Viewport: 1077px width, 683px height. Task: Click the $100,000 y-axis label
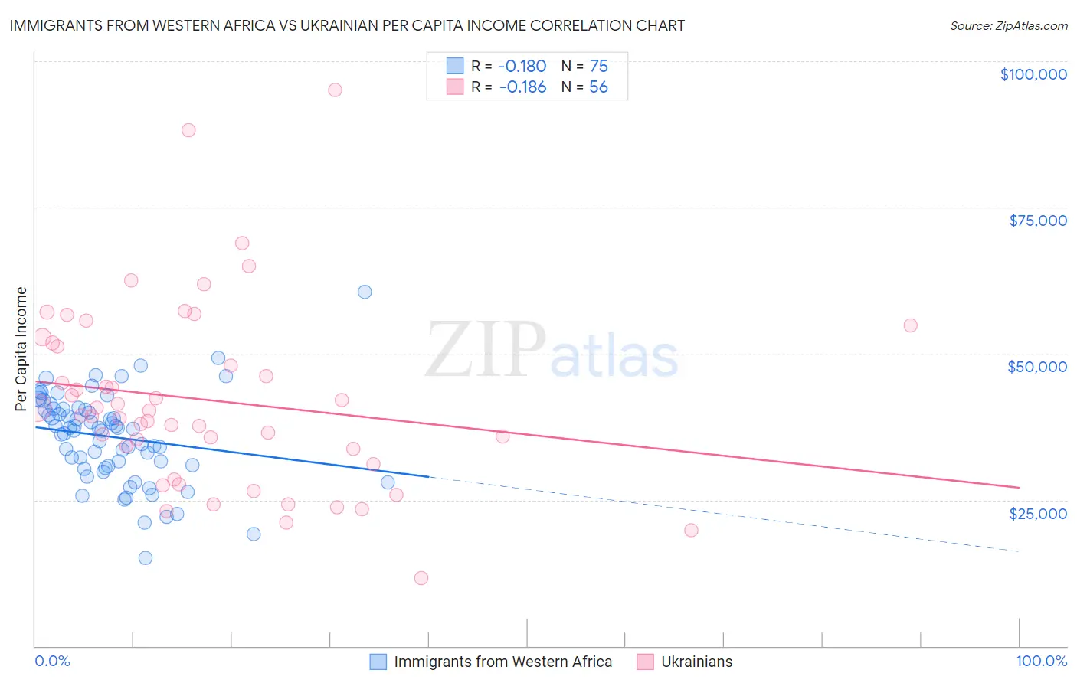click(1033, 74)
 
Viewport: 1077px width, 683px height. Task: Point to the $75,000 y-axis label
click(1037, 221)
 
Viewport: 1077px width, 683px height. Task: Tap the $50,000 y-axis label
click(1037, 367)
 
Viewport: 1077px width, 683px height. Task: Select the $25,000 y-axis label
click(1037, 513)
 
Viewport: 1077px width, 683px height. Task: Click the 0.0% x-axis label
click(52, 661)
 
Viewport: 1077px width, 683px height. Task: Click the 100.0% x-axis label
click(1041, 661)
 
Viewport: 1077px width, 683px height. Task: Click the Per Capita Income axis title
click(21, 348)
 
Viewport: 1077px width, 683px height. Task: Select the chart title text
click(347, 25)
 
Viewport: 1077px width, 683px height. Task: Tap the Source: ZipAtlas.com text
click(1008, 25)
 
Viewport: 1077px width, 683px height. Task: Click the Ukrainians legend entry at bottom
click(696, 662)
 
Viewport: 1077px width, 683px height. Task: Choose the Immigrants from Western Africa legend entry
click(502, 662)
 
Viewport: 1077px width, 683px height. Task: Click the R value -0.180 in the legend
click(522, 66)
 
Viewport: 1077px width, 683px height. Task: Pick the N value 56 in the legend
click(598, 87)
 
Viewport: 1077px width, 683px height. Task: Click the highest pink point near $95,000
click(335, 90)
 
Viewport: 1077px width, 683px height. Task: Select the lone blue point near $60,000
click(365, 292)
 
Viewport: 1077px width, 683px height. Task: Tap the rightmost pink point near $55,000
click(910, 325)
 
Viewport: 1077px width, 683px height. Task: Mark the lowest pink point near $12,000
click(421, 578)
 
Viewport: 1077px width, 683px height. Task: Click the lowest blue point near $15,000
click(146, 557)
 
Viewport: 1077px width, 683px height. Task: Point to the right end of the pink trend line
click(1019, 487)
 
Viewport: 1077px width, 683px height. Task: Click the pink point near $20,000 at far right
click(691, 530)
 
